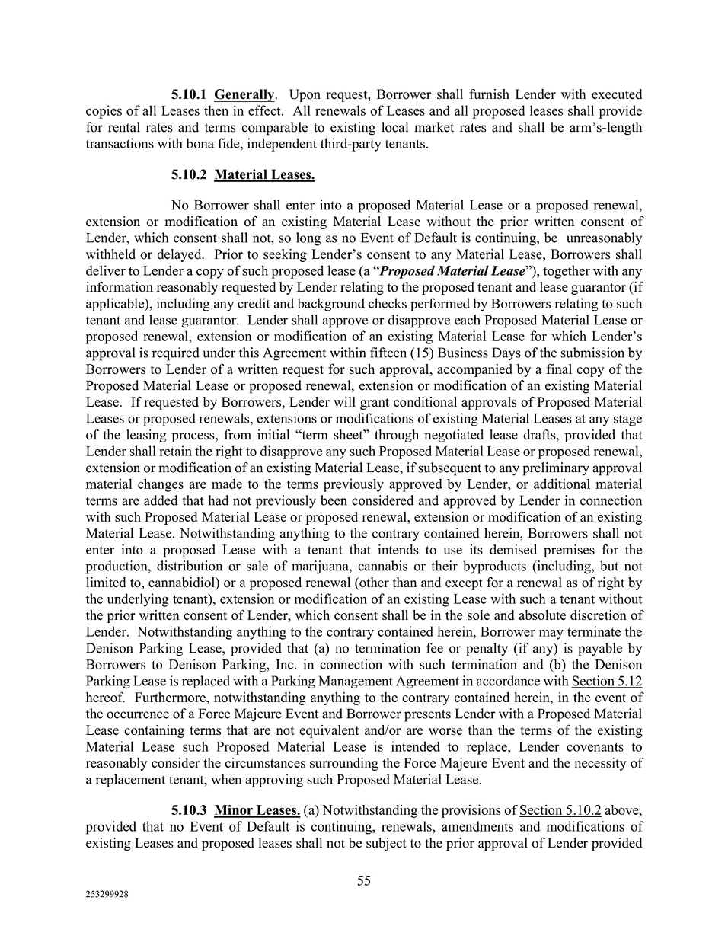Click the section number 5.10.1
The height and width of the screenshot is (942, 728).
coord(190,95)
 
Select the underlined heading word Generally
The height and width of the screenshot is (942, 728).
coord(244,95)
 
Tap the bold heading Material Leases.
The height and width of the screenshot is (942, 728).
coord(264,175)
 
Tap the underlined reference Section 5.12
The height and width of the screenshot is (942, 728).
coord(606,682)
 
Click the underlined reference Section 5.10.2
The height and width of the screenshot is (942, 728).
coord(560,810)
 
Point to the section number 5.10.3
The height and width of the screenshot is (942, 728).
coord(190,810)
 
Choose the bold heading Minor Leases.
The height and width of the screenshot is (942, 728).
coord(257,810)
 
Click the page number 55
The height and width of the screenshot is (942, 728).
coord(364,881)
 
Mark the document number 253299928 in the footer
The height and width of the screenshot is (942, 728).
coord(107,896)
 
